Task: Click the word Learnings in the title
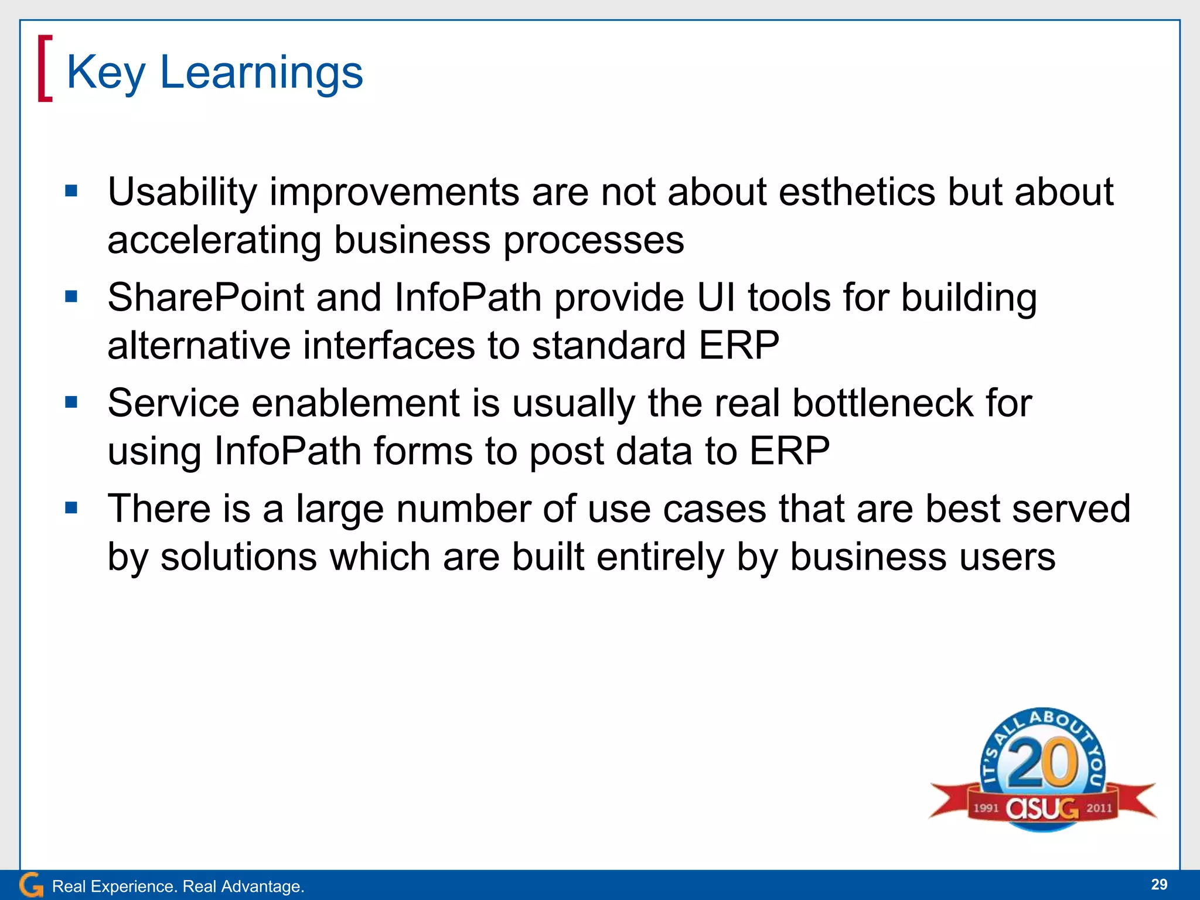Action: point(261,73)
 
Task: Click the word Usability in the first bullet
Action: point(182,192)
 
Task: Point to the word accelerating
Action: point(214,240)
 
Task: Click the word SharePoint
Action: point(205,298)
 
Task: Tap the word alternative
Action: point(199,345)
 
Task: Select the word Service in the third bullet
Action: point(173,403)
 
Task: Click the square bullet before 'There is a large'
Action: point(71,507)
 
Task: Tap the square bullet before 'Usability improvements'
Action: point(71,191)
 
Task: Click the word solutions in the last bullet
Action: point(238,557)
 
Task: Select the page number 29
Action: point(1158,884)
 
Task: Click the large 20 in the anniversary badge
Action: point(1043,763)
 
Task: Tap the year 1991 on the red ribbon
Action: point(986,808)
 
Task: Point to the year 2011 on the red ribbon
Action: point(1099,808)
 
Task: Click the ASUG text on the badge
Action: point(1042,809)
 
